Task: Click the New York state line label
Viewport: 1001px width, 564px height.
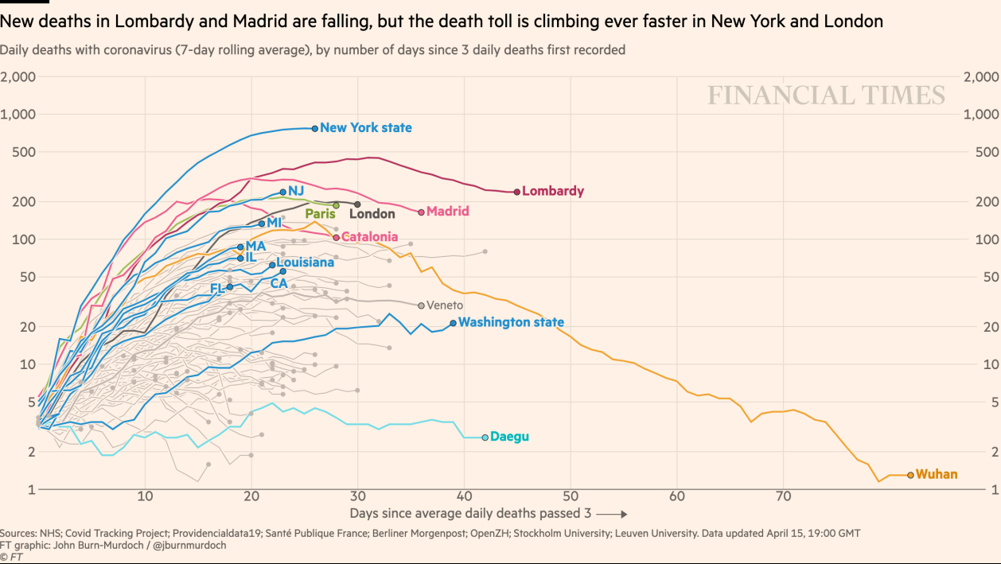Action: pos(366,128)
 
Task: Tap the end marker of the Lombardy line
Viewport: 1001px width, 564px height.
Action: pos(517,192)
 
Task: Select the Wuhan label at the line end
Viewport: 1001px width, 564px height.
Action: pos(937,475)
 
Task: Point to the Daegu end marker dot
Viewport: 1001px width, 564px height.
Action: pos(485,438)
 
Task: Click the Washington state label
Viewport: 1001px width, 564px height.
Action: pos(511,323)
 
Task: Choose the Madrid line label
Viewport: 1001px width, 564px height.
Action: pos(447,212)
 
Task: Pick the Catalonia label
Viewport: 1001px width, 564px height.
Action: pos(369,237)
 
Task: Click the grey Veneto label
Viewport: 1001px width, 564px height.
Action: pos(445,305)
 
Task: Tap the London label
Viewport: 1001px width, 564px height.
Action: pos(372,214)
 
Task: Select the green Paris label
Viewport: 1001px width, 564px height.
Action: pos(321,214)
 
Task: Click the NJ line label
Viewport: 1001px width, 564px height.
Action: pos(296,191)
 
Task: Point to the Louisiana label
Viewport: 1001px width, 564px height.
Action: pos(306,263)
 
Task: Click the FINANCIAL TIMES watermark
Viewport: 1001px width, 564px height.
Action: pos(826,95)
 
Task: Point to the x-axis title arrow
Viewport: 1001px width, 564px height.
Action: pos(613,514)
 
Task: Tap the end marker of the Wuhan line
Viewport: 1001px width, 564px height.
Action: pos(910,475)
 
